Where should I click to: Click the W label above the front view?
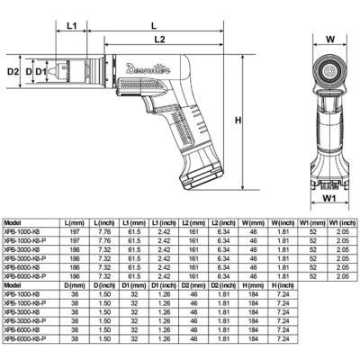pyautogui.click(x=330, y=39)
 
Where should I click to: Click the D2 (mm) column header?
pyautogui.click(x=193, y=283)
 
